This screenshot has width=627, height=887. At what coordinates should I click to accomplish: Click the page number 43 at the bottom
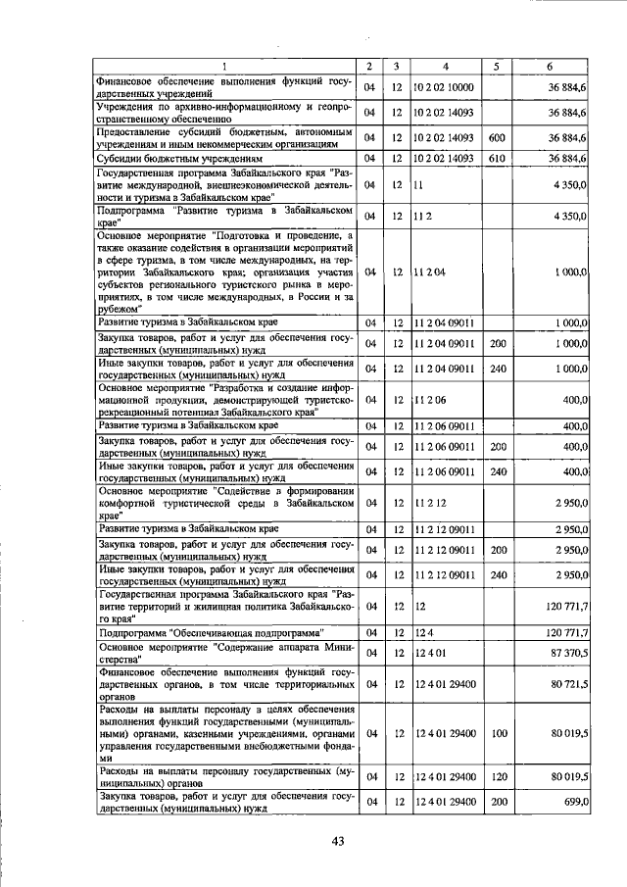[x=339, y=840]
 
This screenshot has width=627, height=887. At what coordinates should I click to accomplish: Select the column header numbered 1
[x=224, y=67]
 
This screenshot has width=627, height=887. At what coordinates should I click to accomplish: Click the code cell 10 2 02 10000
[x=444, y=87]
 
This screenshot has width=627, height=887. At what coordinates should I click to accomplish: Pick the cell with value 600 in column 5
[x=497, y=138]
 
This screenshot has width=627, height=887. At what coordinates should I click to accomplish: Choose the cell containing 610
[x=497, y=158]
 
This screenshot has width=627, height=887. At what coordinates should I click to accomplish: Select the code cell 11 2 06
[x=430, y=401]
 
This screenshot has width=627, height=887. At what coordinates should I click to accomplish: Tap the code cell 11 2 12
[x=430, y=503]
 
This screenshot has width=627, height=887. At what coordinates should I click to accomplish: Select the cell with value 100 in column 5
[x=497, y=732]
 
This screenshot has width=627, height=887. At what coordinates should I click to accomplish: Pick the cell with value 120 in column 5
[x=497, y=777]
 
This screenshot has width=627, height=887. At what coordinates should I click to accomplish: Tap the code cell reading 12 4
[x=423, y=633]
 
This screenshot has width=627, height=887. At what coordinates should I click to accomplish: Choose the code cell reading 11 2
[x=423, y=214]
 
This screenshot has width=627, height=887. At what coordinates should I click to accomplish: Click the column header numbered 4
[x=446, y=67]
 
